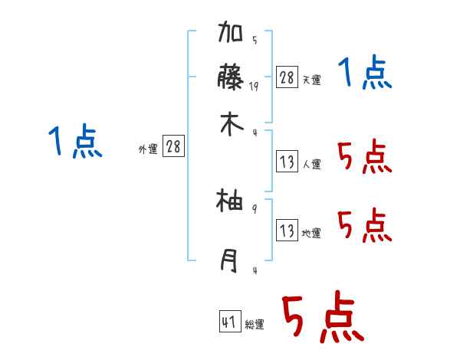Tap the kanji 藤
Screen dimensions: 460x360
click(231, 79)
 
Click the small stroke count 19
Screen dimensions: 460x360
click(255, 87)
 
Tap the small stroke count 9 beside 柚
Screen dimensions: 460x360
click(255, 208)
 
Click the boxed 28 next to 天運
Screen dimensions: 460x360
click(287, 77)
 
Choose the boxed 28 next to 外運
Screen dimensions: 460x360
click(173, 146)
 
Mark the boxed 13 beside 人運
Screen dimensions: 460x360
click(287, 162)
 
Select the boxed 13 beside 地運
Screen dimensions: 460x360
click(287, 230)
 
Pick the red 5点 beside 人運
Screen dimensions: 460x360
click(363, 158)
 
